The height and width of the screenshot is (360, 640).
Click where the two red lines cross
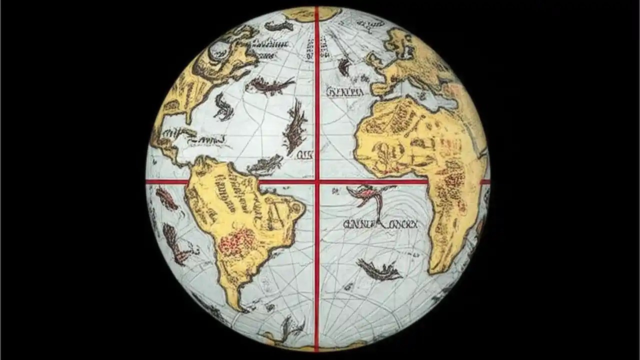coord(316,181)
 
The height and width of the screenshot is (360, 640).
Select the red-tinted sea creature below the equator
coord(369,195)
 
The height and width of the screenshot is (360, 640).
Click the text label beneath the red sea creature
coord(380,225)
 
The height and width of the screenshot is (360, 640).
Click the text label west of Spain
coord(344,92)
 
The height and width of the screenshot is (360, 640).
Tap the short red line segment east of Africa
coord(484,181)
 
